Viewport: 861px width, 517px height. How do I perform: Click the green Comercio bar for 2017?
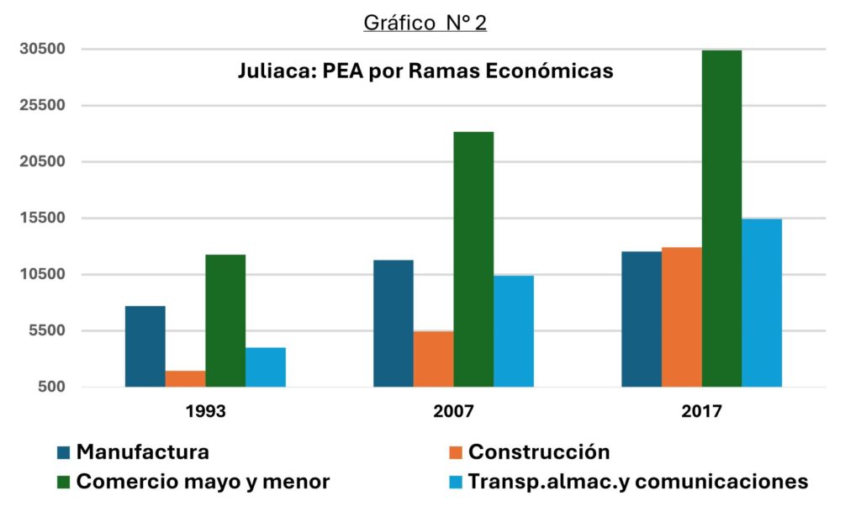(x=721, y=219)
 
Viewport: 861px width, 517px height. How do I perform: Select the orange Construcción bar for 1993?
(x=185, y=378)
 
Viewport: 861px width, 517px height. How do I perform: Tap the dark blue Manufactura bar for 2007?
(x=393, y=324)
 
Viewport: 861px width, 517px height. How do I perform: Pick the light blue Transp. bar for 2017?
(x=762, y=303)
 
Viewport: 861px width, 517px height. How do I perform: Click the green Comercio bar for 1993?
(x=225, y=320)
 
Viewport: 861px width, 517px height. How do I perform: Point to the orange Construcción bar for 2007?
(x=433, y=359)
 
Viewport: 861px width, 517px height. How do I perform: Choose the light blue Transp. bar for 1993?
(x=266, y=367)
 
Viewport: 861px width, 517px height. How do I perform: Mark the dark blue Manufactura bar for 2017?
(x=641, y=319)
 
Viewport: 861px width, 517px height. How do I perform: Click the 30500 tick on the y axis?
(x=42, y=49)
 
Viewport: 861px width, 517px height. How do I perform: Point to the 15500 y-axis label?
(x=42, y=218)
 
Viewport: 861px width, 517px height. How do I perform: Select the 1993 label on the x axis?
(x=205, y=413)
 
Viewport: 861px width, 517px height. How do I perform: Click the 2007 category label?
(x=454, y=413)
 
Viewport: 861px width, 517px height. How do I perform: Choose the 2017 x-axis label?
(x=702, y=413)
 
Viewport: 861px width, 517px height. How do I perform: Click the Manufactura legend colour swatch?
(x=64, y=452)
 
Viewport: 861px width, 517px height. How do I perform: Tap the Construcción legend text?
(x=539, y=452)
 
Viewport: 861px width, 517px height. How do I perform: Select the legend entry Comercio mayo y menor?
(x=203, y=482)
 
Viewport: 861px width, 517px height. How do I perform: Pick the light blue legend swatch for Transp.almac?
(x=456, y=483)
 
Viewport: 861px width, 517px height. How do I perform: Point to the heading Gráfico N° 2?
(x=425, y=23)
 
